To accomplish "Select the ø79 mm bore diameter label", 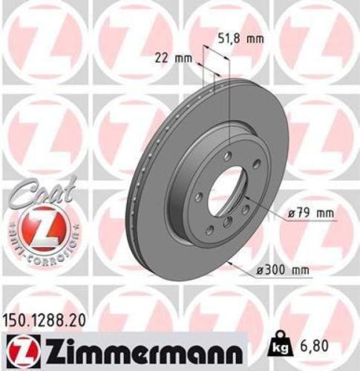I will click(x=307, y=214).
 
